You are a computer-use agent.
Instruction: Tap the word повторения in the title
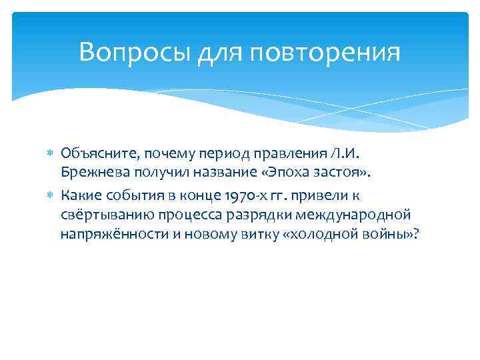(x=326, y=51)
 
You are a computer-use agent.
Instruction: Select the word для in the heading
(x=219, y=51)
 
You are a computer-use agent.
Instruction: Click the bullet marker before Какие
(x=53, y=195)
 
